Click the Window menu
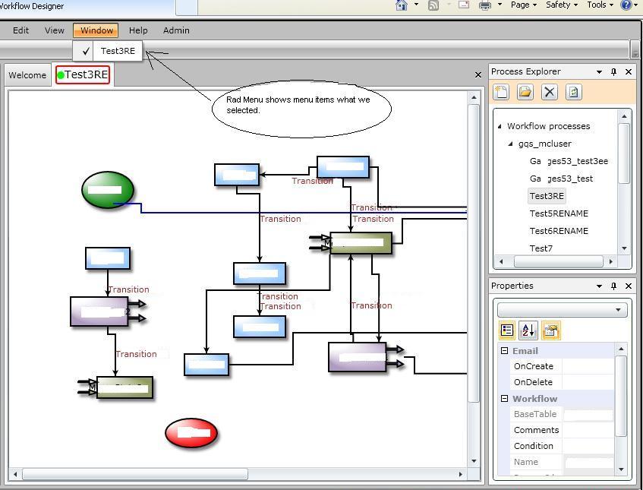point(96,30)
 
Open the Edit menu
point(20,30)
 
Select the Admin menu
point(176,30)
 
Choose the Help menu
point(138,30)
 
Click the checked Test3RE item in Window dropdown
point(118,51)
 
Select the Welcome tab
point(27,75)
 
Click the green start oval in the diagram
point(108,190)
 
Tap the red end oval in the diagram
point(191,433)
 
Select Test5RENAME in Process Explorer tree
point(559,213)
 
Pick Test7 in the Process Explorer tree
point(541,248)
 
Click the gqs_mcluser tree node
point(545,144)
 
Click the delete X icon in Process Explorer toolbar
point(550,92)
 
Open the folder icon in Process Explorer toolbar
point(525,92)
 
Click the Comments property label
point(536,430)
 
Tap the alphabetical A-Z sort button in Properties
point(528,330)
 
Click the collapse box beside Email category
point(504,351)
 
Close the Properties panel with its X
point(629,286)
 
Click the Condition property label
point(534,446)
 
